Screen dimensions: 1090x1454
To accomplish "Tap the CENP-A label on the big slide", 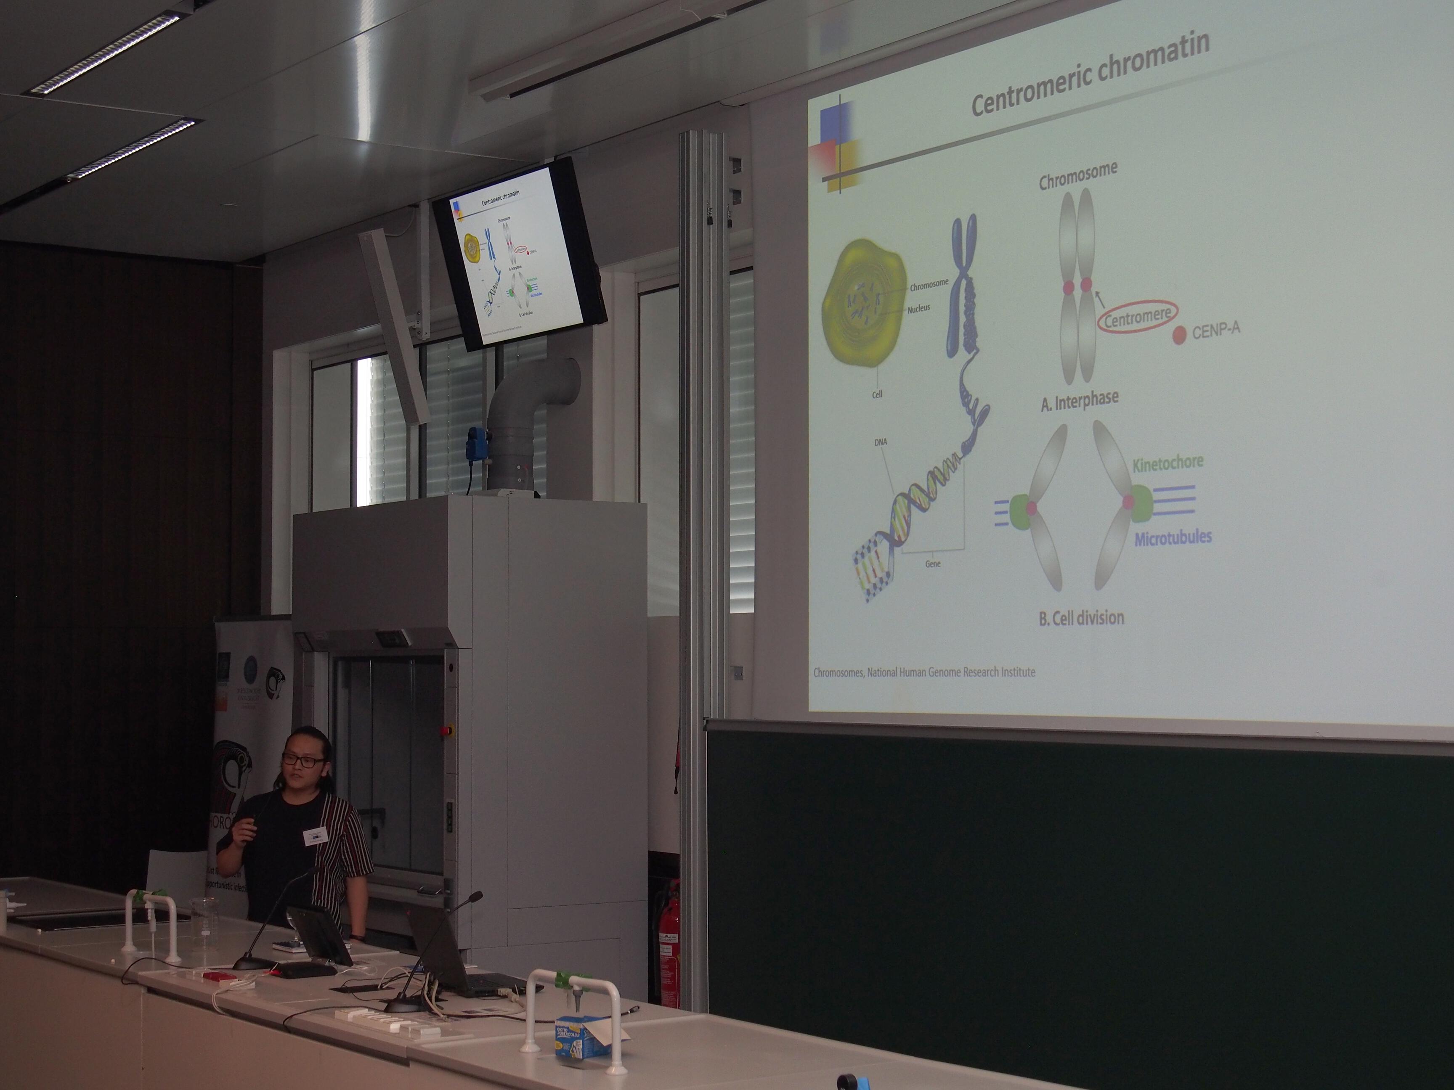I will [1215, 330].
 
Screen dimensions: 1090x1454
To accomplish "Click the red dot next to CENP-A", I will [1179, 335].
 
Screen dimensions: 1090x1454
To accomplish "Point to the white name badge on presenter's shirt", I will [315, 836].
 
